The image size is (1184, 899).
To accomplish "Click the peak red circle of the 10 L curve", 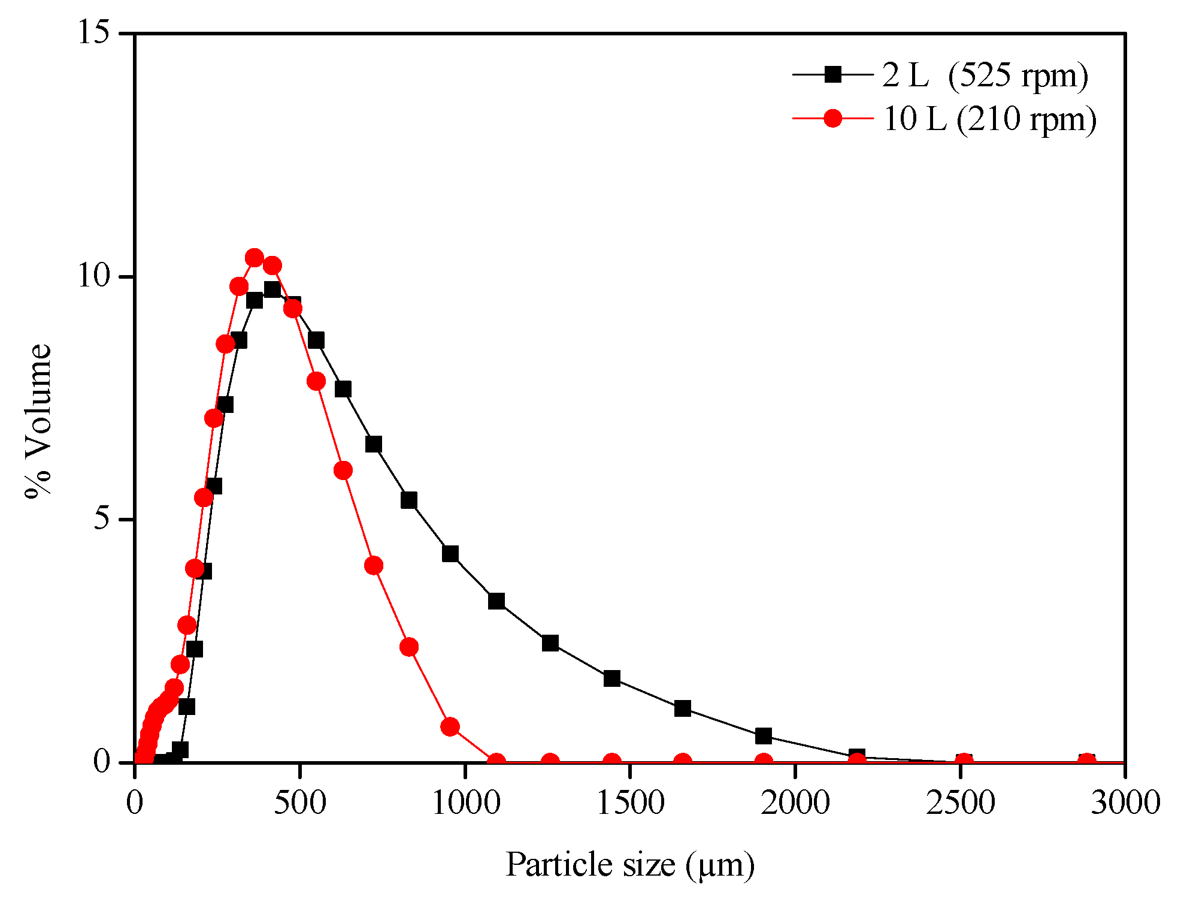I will click(255, 258).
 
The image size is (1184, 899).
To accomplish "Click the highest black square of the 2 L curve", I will click(272, 289).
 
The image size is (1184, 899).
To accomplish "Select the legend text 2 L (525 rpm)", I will click(985, 76).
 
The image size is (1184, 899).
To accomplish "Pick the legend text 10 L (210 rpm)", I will click(989, 119).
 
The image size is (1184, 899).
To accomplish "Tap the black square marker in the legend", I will click(832, 75).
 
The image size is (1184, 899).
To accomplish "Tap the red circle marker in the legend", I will click(832, 118).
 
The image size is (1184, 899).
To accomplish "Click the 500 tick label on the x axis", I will click(299, 803).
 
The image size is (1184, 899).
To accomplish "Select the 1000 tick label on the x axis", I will click(465, 803).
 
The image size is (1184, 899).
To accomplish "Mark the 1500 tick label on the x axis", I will click(630, 803).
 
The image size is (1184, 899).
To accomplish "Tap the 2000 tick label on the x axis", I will click(795, 803).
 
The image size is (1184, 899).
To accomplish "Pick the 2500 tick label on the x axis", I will click(961, 803).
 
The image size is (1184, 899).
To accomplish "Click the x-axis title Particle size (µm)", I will click(630, 865).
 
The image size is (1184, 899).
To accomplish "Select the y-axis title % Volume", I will click(39, 421).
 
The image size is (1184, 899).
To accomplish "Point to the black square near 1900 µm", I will click(764, 736).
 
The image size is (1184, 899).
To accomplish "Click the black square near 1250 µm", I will click(550, 643).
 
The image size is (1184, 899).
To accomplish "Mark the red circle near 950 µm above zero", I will click(450, 727).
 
